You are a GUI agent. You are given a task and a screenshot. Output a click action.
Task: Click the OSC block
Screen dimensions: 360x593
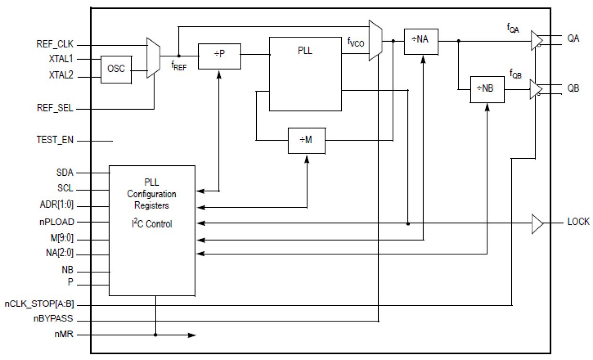tap(117, 69)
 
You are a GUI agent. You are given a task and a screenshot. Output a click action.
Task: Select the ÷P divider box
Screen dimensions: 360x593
tap(219, 56)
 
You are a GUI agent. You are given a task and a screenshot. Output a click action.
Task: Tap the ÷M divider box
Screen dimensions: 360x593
tap(307, 141)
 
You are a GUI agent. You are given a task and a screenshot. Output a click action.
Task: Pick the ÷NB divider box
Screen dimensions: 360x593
tap(487, 89)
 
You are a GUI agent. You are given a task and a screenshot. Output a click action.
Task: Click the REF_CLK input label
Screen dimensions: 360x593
tap(55, 45)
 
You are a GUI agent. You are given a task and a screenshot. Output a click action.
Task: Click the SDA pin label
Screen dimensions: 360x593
tap(65, 173)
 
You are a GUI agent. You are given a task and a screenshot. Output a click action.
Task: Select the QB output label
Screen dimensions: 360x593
tap(573, 88)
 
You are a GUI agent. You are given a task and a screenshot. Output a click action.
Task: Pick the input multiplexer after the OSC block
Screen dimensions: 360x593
tap(153, 58)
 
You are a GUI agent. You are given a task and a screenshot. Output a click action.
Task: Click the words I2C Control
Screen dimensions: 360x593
tap(152, 224)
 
